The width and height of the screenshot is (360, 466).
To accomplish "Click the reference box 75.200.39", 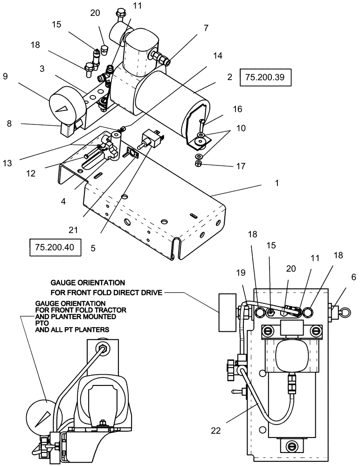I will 265,77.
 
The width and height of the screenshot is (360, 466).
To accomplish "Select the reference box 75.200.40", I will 55,247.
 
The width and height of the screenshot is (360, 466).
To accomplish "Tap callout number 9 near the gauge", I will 5,75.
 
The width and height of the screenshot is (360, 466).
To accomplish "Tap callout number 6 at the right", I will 353,277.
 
